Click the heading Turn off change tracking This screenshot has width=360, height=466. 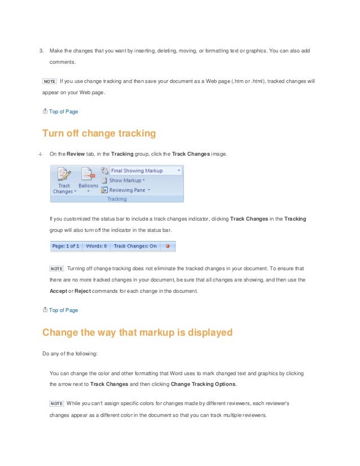pyautogui.click(x=99, y=134)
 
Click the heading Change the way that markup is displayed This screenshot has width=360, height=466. pyautogui.click(x=137, y=332)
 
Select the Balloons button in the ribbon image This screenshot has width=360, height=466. pyautogui.click(x=88, y=179)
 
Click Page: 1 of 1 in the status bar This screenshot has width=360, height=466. pyautogui.click(x=66, y=247)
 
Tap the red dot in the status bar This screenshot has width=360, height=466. pyautogui.click(x=167, y=247)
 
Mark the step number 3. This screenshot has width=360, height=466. pyautogui.click(x=41, y=51)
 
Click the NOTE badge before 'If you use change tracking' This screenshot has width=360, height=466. pyautogui.click(x=50, y=81)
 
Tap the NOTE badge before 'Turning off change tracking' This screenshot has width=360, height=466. pyautogui.click(x=56, y=268)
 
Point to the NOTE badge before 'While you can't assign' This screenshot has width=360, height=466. pyautogui.click(x=56, y=403)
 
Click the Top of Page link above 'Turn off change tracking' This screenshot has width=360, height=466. pyautogui.click(x=63, y=111)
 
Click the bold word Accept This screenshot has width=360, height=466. pyautogui.click(x=59, y=291)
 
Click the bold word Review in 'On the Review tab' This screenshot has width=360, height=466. pyautogui.click(x=76, y=153)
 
